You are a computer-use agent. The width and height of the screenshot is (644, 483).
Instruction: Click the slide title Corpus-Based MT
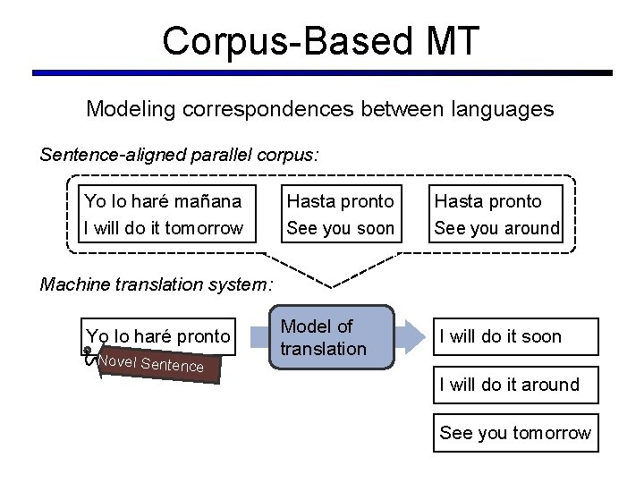(x=321, y=40)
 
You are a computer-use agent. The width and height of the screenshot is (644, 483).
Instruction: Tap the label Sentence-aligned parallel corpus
(x=179, y=154)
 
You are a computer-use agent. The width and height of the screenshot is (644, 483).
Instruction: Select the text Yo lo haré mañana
(x=162, y=201)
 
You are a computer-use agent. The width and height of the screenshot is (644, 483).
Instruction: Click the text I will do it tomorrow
(x=162, y=228)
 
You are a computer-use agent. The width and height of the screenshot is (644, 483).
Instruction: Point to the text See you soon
(x=340, y=228)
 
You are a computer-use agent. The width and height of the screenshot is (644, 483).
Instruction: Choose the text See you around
(x=496, y=228)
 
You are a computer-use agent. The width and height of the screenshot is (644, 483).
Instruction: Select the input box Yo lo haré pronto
(x=157, y=336)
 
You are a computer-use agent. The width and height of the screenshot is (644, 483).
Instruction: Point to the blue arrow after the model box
(x=411, y=337)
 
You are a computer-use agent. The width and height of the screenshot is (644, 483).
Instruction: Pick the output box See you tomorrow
(x=515, y=433)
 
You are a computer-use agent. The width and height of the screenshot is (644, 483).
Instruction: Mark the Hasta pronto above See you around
(x=488, y=201)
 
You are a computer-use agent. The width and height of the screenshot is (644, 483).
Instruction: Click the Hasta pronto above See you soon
(x=340, y=201)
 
